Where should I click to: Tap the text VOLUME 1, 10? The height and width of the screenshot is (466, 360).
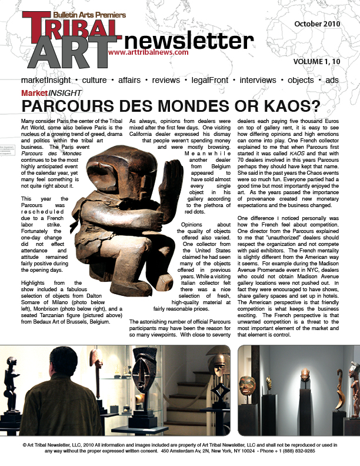324,61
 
